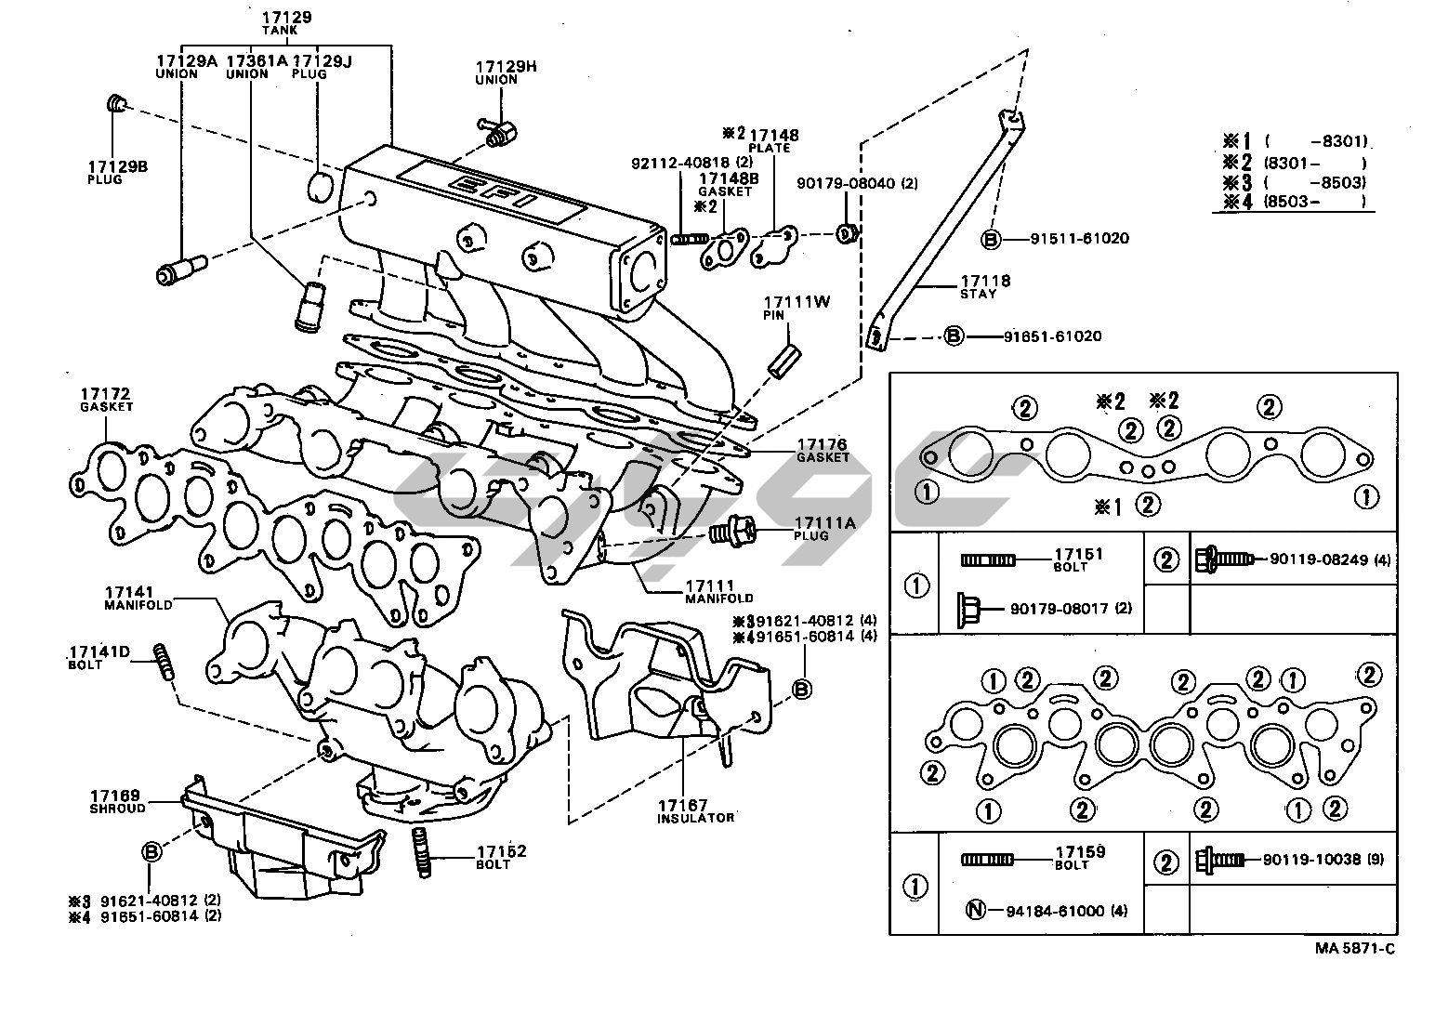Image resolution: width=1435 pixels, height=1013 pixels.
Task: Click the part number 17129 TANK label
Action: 285,22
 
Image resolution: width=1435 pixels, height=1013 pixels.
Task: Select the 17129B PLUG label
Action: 118,172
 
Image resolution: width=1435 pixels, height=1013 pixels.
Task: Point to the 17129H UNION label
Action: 507,72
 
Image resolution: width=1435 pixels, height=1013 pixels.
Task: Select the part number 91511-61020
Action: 1079,238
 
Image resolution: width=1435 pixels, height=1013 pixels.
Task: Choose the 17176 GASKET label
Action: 823,451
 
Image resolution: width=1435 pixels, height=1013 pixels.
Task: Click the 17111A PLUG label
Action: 823,529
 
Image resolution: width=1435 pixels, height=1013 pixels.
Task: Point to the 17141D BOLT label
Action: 99,657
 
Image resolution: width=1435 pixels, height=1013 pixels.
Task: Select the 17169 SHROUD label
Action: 116,801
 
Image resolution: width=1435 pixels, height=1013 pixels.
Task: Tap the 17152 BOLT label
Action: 502,857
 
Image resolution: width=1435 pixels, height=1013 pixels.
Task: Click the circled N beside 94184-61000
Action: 975,911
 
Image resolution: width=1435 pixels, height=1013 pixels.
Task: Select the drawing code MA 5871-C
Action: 1354,948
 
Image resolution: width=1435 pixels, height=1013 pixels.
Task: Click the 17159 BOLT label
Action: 1078,857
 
